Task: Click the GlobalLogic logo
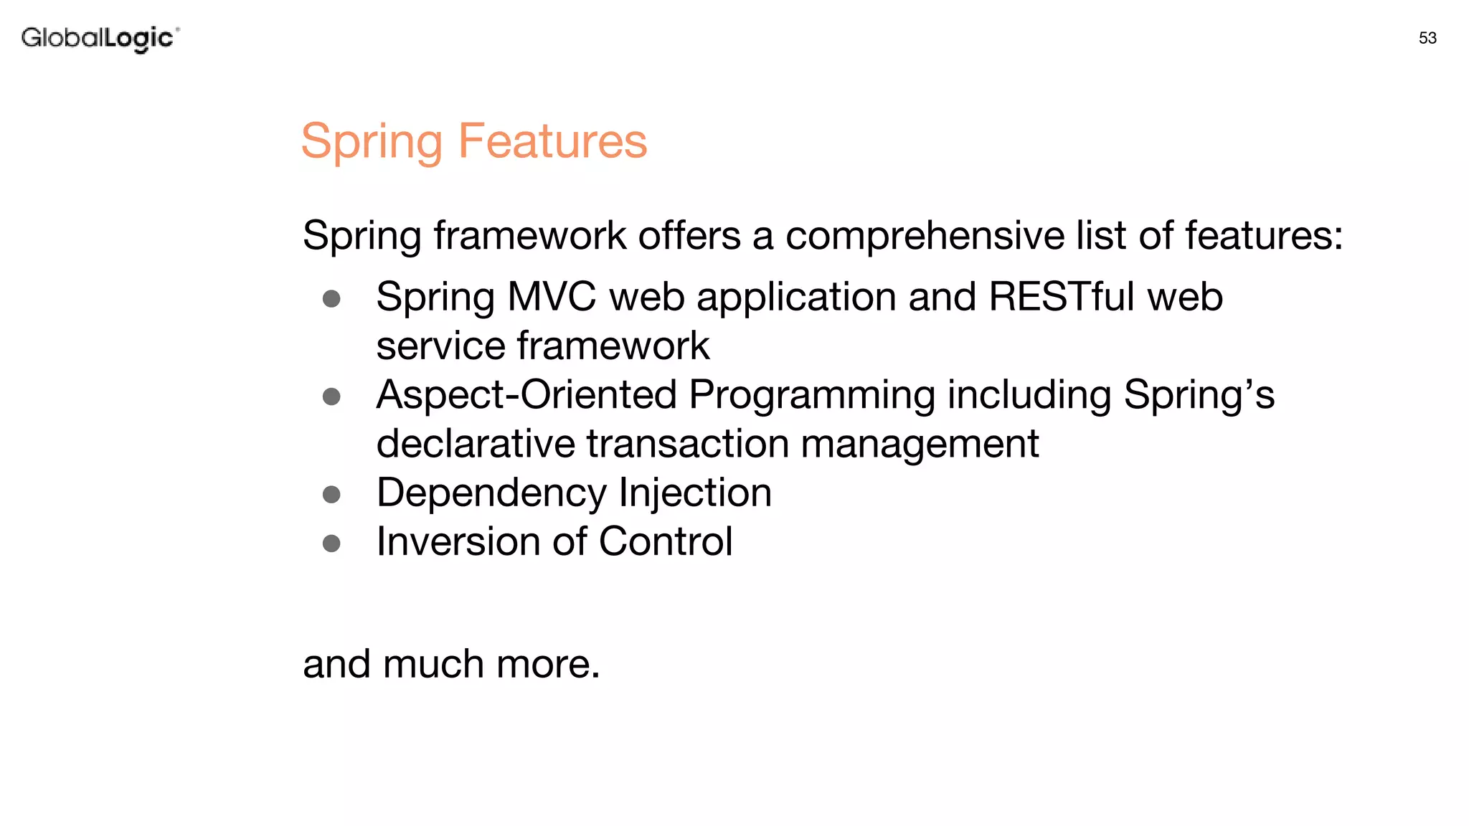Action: point(100,38)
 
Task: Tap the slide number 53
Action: point(1427,38)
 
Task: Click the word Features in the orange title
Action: point(552,141)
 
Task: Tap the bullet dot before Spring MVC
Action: point(331,298)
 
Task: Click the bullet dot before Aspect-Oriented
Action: point(331,397)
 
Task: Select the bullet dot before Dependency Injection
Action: point(331,494)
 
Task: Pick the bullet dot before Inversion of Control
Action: point(331,543)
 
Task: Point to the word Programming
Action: point(811,396)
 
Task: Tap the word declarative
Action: point(475,443)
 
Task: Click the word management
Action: point(920,445)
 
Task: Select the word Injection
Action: point(694,493)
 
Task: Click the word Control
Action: point(665,541)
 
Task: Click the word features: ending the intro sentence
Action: point(1263,235)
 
